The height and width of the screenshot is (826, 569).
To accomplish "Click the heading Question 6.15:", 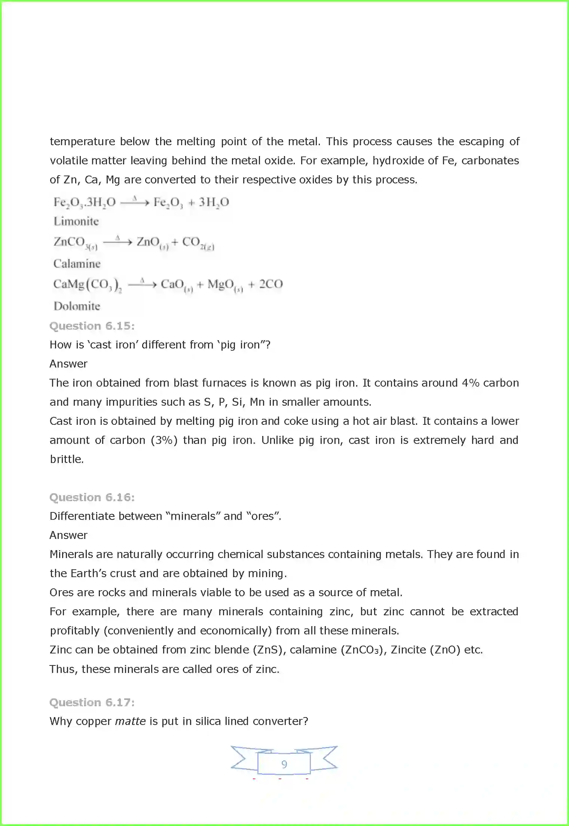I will point(92,326).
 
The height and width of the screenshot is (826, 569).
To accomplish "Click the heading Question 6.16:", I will point(92,497).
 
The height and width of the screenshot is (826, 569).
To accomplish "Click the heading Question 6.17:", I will point(92,702).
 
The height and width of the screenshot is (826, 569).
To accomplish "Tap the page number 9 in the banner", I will point(284,764).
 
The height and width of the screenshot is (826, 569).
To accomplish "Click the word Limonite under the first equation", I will point(76,222).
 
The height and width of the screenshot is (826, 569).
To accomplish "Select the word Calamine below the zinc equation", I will point(77,264).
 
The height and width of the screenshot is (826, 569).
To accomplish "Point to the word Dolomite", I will point(77,306).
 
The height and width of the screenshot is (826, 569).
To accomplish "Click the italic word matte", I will point(130,721).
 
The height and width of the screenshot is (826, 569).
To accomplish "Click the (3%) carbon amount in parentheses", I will point(164,440).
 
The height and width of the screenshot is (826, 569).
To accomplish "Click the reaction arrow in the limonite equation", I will point(135,202).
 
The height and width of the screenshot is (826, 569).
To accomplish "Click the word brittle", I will point(67,459).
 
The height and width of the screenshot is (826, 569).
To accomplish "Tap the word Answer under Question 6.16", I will point(68,535).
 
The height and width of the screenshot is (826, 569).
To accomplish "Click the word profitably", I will point(74,631).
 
